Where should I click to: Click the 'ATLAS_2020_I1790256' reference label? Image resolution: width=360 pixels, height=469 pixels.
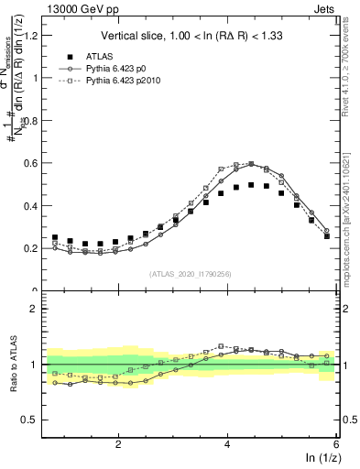pos(190,274)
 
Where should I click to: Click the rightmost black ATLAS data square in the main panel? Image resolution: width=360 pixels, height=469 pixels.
pos(327,236)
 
